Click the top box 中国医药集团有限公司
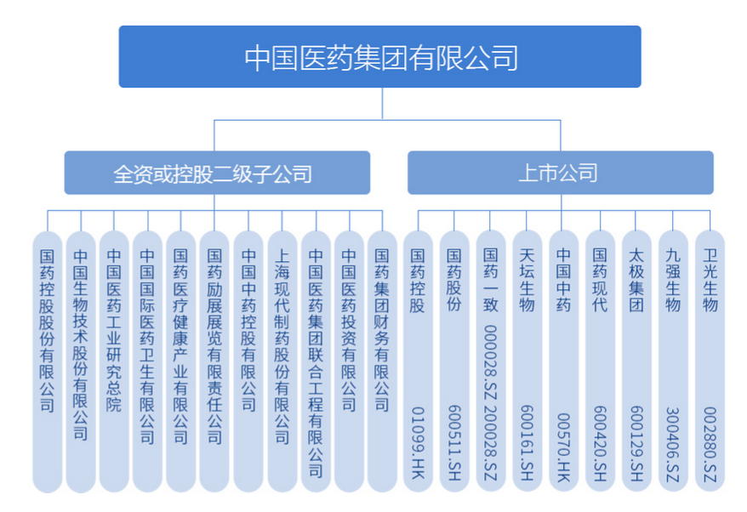(379, 57)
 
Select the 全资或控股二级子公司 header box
(217, 174)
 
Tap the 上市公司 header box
(560, 174)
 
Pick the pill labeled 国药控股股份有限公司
(47, 357)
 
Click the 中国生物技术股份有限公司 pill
(81, 357)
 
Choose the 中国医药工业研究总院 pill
(114, 357)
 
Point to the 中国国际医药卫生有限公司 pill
(147, 357)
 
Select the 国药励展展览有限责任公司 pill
(214, 357)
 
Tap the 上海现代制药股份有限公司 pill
(282, 357)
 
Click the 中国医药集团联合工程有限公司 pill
(316, 357)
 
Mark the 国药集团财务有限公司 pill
(382, 357)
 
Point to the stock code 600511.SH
(454, 433)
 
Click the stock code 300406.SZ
(673, 435)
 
